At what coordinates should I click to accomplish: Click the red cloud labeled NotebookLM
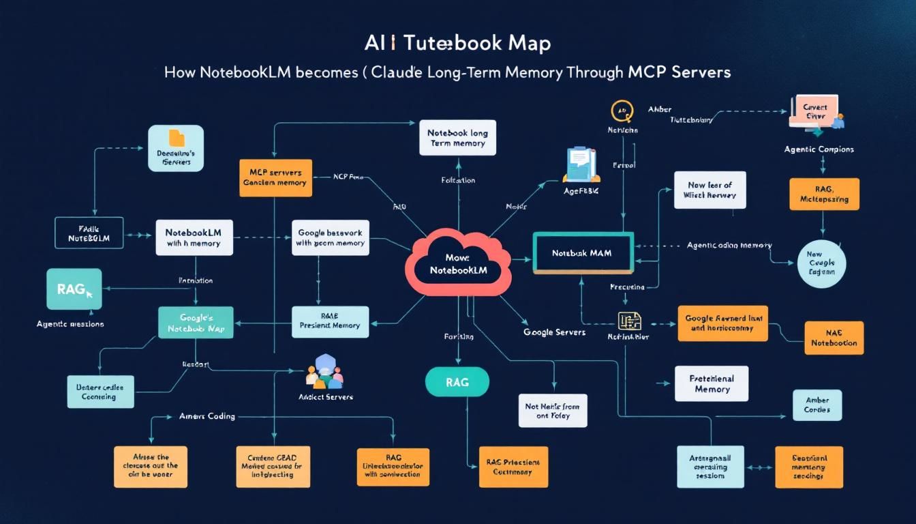pyautogui.click(x=458, y=263)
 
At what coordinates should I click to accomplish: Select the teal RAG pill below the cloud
pyautogui.click(x=457, y=382)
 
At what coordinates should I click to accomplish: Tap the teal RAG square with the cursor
pyautogui.click(x=74, y=289)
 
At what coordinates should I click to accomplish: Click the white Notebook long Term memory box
pyautogui.click(x=457, y=139)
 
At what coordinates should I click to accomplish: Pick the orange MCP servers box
pyautogui.click(x=275, y=178)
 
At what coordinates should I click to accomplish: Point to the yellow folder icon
pyautogui.click(x=176, y=138)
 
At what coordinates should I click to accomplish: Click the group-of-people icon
pyautogui.click(x=324, y=373)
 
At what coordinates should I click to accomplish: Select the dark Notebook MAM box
pyautogui.click(x=583, y=253)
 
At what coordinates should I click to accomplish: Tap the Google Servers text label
pyautogui.click(x=554, y=332)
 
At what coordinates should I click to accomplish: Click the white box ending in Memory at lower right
pyautogui.click(x=712, y=383)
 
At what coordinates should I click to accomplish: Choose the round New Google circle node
pyautogui.click(x=821, y=263)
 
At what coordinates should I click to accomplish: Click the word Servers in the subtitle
pyautogui.click(x=701, y=72)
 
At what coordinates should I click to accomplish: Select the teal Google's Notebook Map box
pyautogui.click(x=196, y=323)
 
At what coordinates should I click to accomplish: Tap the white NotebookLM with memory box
pyautogui.click(x=194, y=237)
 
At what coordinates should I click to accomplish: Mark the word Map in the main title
pyautogui.click(x=530, y=43)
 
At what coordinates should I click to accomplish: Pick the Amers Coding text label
pyautogui.click(x=207, y=416)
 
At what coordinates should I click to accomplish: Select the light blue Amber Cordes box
pyautogui.click(x=816, y=405)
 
